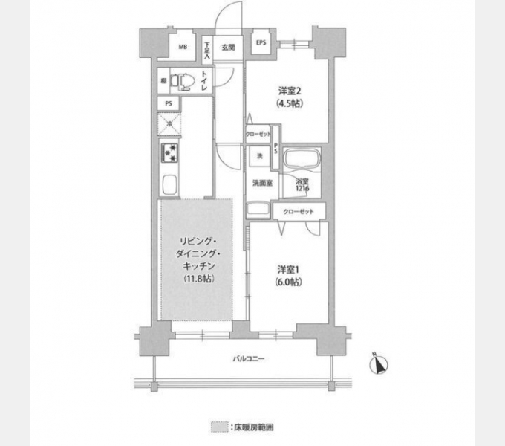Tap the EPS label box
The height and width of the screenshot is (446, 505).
tap(261, 43)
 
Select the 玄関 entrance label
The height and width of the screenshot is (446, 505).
tap(228, 47)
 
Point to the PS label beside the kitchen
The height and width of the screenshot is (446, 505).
tap(169, 103)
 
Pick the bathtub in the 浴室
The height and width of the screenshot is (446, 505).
tap(301, 160)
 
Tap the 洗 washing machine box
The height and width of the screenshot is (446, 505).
tap(260, 157)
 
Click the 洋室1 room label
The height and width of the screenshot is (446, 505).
tap(289, 270)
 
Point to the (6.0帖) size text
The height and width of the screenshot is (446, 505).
tap(289, 282)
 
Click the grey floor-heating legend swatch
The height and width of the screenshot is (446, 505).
tap(218, 427)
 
